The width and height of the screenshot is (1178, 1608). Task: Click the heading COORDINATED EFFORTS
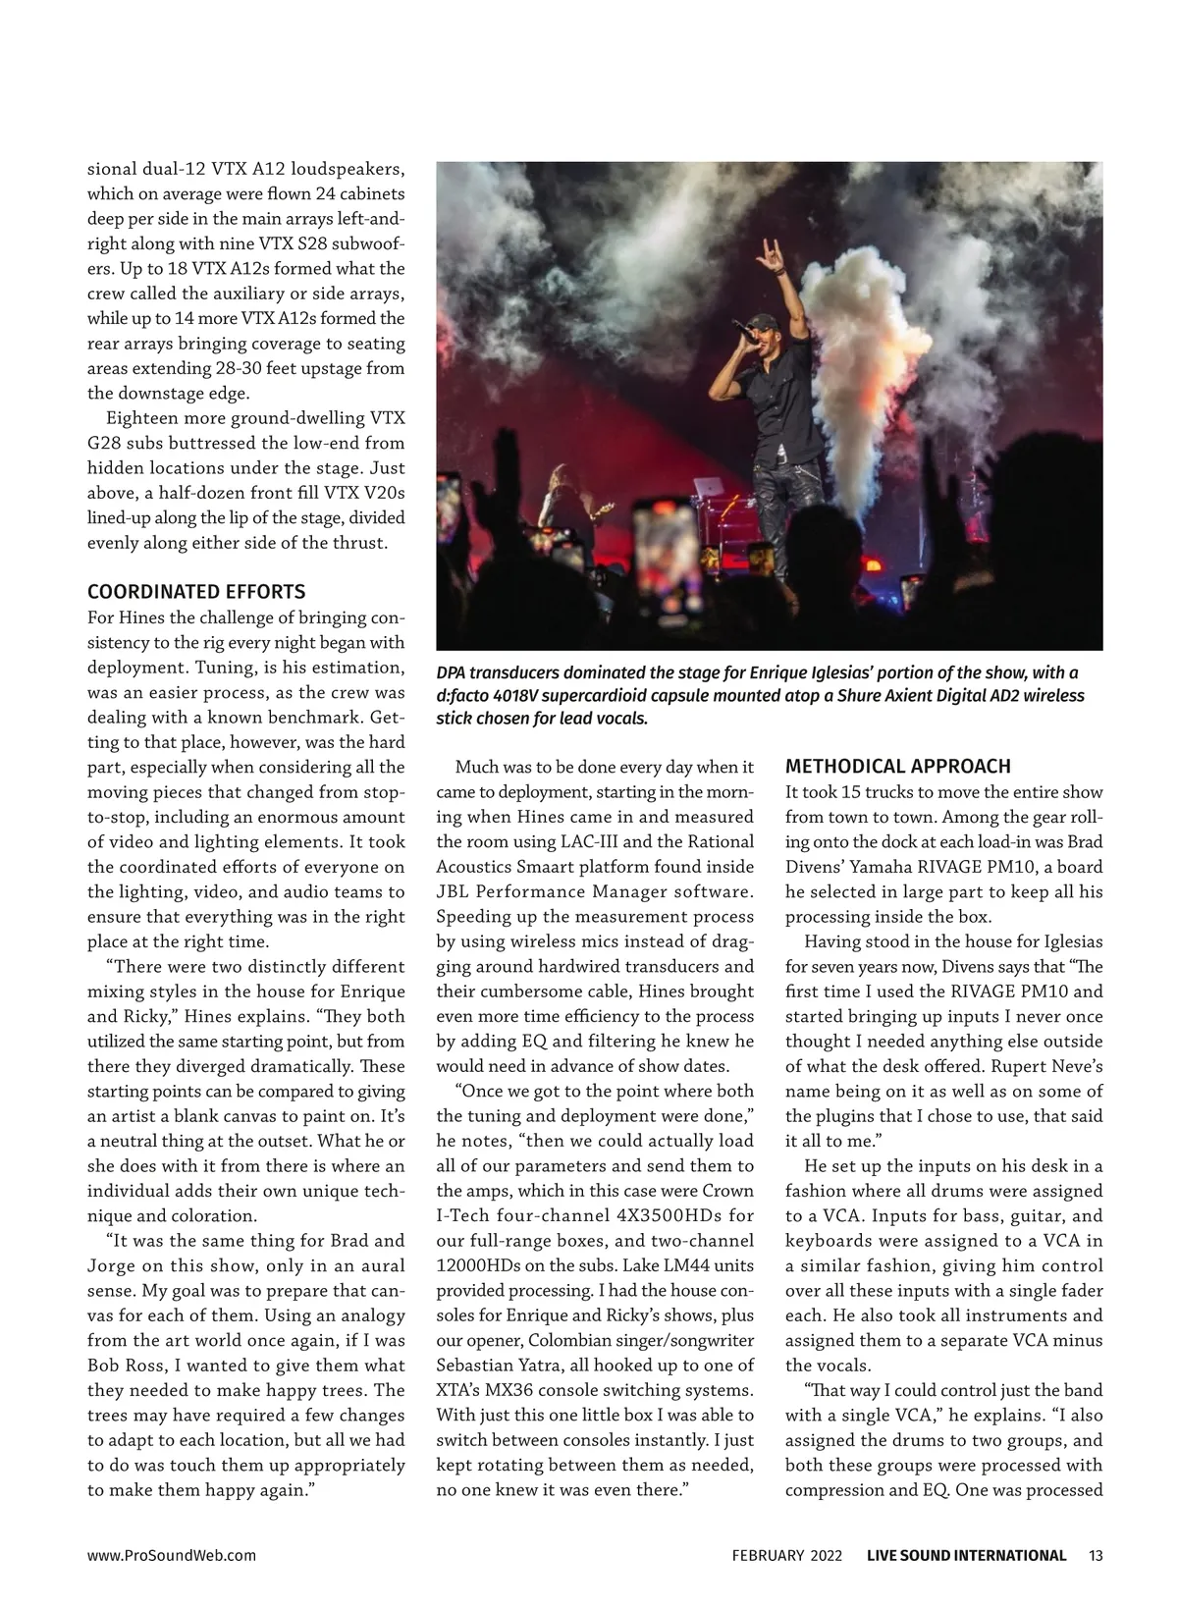tap(196, 592)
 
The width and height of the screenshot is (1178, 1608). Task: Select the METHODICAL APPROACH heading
tap(898, 767)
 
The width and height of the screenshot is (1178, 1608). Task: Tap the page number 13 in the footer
tap(1097, 1555)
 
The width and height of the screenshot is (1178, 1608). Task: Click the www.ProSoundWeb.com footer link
tap(172, 1555)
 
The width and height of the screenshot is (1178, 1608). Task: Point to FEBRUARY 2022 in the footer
tap(786, 1555)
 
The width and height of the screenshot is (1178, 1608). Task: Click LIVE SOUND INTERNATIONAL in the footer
tap(966, 1555)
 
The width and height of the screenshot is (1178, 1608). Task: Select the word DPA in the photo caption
tap(452, 672)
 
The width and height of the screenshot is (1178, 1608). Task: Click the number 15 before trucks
tap(852, 792)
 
